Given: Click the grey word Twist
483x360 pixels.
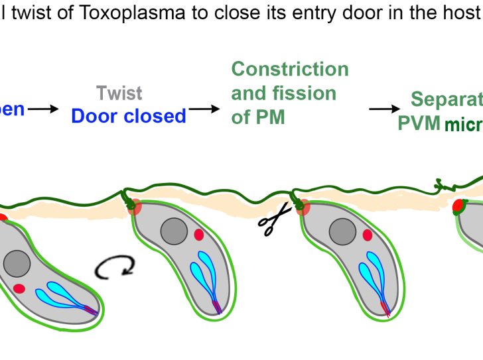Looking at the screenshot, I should tap(119, 93).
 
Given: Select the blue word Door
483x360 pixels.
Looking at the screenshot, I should tap(94, 116).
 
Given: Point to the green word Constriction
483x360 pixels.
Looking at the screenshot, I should tap(289, 70).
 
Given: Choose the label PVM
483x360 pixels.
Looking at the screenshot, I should tap(419, 123).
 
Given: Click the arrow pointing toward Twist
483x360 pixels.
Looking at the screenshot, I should tap(44, 109).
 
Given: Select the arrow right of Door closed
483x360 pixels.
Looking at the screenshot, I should tap(204, 109).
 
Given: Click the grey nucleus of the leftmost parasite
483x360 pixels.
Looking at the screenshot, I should tap(17, 265).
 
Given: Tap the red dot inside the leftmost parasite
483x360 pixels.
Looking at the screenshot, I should tap(19, 288).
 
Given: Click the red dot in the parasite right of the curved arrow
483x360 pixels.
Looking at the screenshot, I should tap(198, 235).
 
